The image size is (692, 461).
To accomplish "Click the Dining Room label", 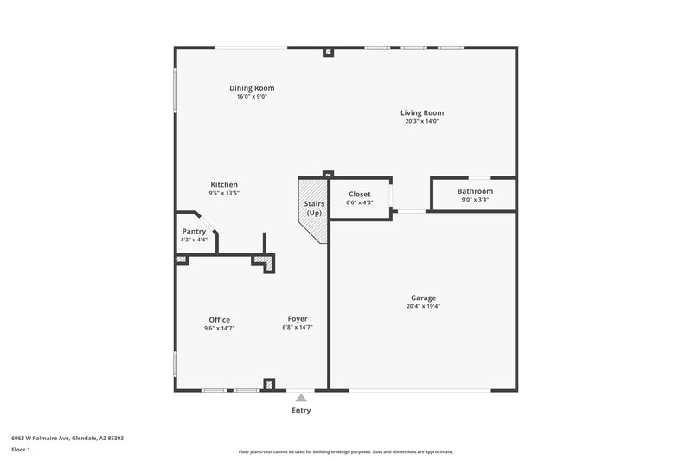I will coord(252,87).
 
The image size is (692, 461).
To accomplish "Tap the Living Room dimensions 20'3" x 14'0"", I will coord(422,121).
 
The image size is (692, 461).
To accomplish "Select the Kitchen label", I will coord(224,184).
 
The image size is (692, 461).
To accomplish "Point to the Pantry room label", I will coord(194,231).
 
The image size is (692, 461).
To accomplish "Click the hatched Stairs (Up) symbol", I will coord(313,208).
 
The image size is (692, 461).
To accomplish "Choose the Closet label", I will coord(359,194).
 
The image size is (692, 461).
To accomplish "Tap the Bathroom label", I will coord(475,191).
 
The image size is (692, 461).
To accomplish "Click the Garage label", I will coord(423,298).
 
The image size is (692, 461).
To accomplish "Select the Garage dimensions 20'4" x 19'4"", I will coord(423,306).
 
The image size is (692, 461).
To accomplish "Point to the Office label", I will coord(219,319).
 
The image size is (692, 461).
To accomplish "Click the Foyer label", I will coord(297,319).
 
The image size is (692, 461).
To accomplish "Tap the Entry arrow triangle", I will coord(300,399).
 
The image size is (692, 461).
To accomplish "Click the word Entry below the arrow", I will coord(300,411).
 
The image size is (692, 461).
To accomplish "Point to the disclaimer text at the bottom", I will coord(345,451).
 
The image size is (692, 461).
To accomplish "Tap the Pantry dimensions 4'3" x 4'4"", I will coord(194,240).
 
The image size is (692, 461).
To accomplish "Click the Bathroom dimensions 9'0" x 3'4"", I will coord(475,200).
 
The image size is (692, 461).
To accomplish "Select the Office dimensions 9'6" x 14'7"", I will coord(219,328).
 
